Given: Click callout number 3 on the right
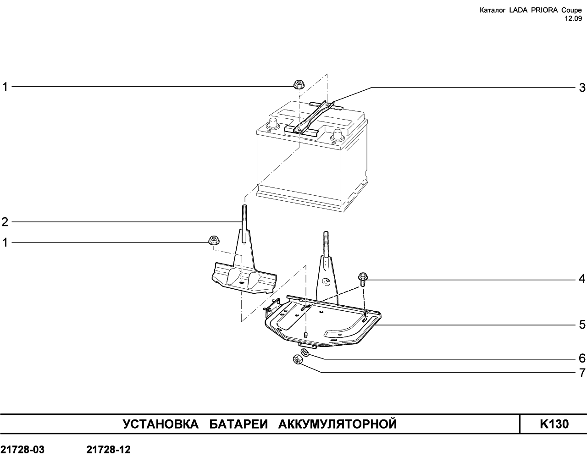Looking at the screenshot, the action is (582, 88).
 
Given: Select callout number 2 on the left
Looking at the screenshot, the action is (5, 222).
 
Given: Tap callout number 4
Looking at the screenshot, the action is (582, 279).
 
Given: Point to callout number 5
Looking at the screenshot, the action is (582, 325).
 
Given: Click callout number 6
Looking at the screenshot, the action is (582, 358).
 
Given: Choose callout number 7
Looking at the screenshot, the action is (582, 373).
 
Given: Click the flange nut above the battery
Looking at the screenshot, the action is (299, 84).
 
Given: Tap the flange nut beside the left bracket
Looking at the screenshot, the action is (214, 240).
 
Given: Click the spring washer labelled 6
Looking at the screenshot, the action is (305, 352).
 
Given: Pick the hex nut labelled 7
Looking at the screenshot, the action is (297, 360).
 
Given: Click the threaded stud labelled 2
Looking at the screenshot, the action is (244, 224).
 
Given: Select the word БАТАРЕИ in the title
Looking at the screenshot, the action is (238, 424).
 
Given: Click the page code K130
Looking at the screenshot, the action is (554, 424).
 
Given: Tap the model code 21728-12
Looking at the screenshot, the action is (109, 450).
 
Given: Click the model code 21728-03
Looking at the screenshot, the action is (22, 450).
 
